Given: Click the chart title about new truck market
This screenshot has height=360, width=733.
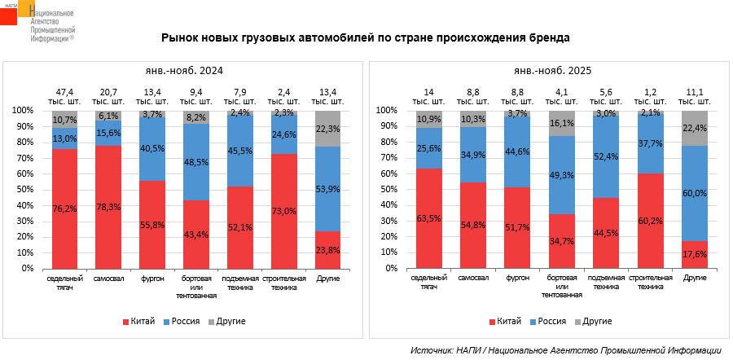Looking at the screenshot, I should pos(366,37).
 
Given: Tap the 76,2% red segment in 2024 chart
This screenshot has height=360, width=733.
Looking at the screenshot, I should pos(64,208).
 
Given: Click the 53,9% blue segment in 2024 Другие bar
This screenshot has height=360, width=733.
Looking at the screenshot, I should pos(329,189).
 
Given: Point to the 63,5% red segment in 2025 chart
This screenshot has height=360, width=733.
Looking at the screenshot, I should pos(428,218).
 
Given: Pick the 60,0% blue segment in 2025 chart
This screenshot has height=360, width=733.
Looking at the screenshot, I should pos(695,193).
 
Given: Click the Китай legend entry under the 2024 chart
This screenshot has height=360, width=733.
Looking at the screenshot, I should pos(138,322).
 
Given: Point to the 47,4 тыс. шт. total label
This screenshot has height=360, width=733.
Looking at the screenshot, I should pos(64,96).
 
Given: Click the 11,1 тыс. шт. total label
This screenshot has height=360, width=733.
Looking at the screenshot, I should pos(695,96).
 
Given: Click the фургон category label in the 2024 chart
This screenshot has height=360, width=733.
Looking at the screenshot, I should pos(152,279).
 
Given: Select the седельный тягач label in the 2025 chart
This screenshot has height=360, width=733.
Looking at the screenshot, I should pos(428,283).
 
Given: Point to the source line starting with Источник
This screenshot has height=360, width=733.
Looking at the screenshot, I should pos(566,349).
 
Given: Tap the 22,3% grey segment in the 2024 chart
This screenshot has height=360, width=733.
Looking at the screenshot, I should pos(329,128).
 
